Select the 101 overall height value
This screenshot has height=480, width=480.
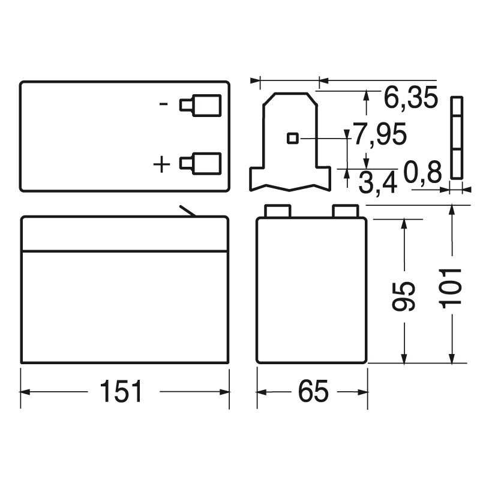[x=452, y=287]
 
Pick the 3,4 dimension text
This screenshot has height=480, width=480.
[x=377, y=182]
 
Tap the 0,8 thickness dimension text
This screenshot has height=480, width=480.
[x=422, y=172]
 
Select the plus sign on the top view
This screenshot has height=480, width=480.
[x=163, y=163]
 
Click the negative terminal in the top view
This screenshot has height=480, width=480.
[x=200, y=105]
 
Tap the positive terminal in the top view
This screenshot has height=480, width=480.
[x=200, y=162]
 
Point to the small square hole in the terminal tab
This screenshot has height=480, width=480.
[x=292, y=138]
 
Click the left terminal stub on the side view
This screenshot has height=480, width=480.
[x=278, y=210]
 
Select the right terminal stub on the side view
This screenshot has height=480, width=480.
[x=345, y=210]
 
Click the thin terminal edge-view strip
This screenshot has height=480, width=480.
[x=456, y=137]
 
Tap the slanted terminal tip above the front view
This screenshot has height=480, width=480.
[x=187, y=211]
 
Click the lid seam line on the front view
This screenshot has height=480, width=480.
[x=125, y=251]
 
